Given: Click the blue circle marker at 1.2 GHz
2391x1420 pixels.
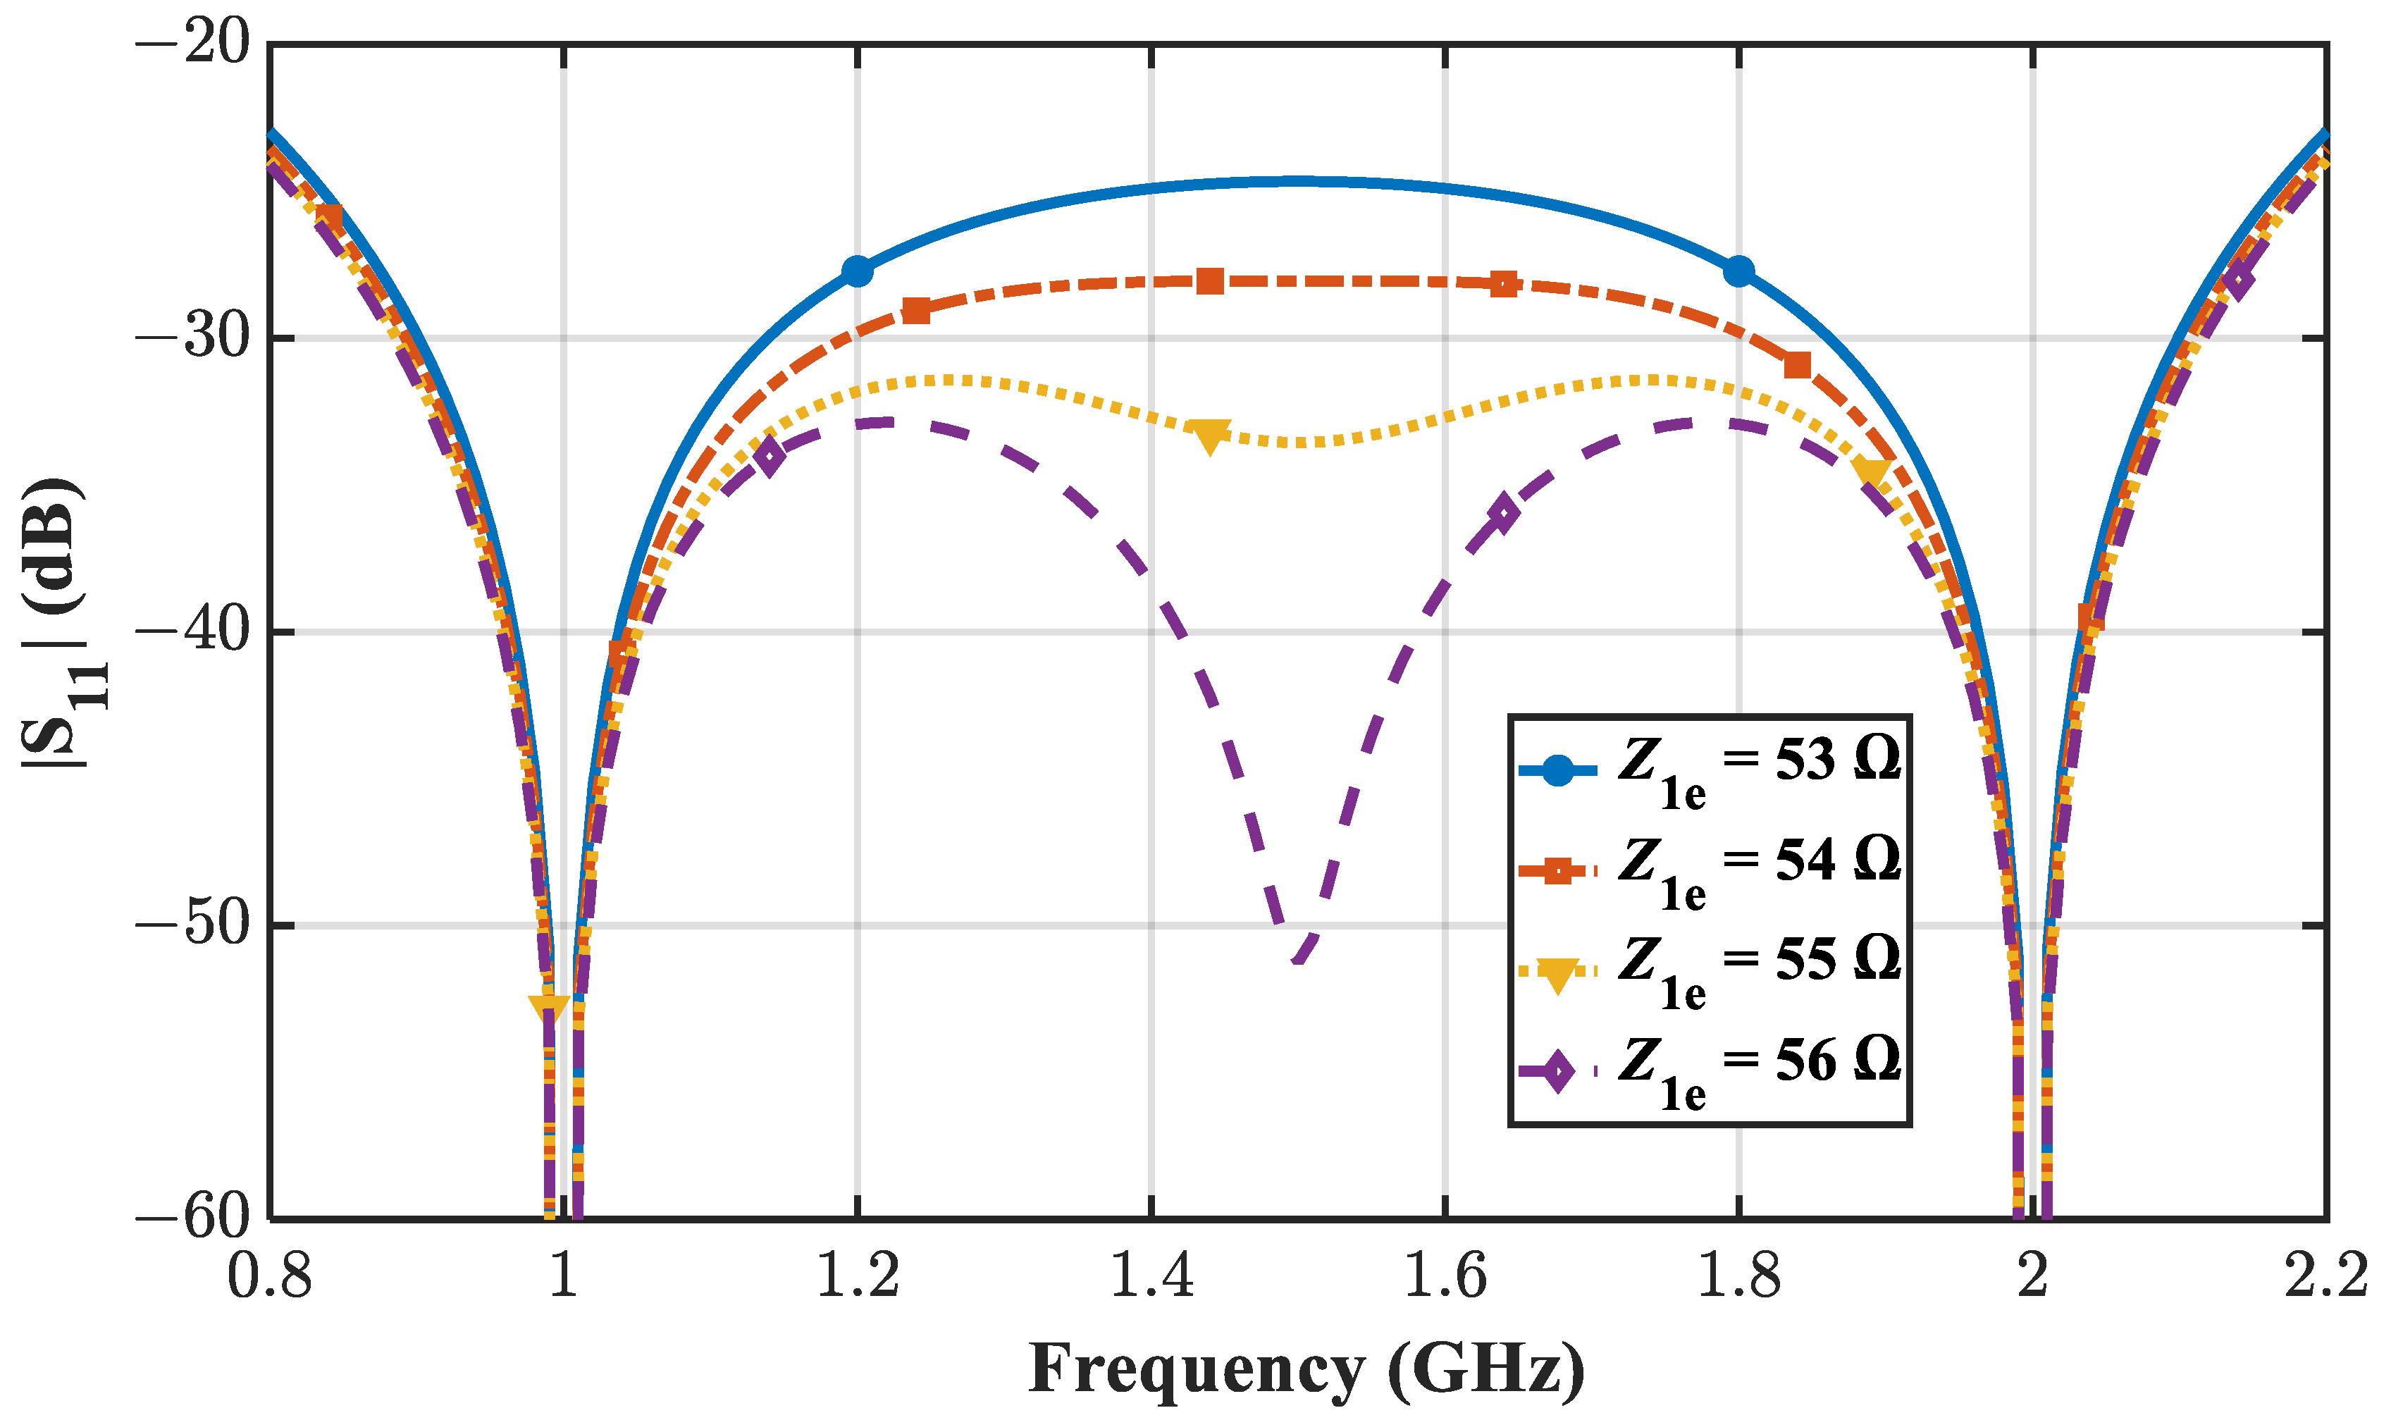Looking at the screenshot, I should click(858, 272).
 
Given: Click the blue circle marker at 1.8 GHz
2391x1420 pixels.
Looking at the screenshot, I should click(1738, 272).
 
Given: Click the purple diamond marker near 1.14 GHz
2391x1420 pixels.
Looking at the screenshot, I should click(770, 457).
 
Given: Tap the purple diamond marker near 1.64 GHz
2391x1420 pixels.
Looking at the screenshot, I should click(1503, 514).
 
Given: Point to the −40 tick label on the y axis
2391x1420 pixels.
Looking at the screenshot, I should click(192, 631).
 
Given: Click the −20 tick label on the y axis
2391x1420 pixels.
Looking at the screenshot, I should click(192, 43).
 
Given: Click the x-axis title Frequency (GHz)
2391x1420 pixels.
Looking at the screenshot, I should click(1306, 1369).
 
